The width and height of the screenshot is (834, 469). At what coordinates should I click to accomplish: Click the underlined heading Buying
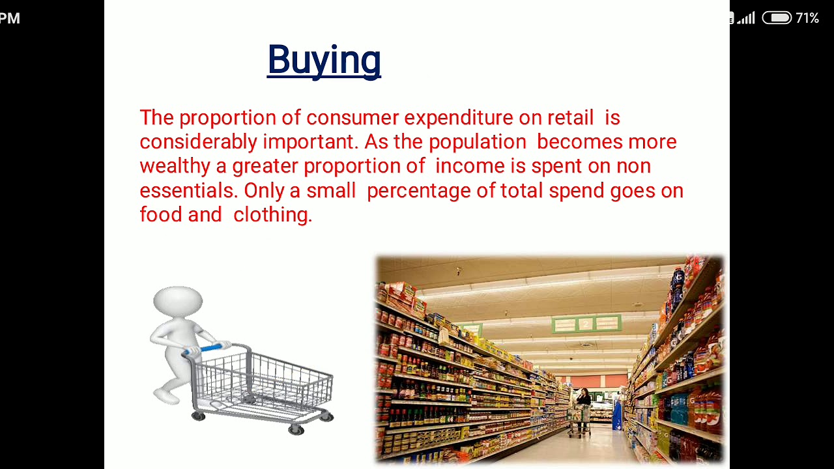point(324,60)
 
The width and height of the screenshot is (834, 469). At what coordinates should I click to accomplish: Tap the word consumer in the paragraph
point(352,118)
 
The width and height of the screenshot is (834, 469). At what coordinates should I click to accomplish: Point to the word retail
point(570,118)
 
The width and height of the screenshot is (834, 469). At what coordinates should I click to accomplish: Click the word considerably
point(198,142)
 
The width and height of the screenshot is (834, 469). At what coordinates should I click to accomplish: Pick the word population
point(477,142)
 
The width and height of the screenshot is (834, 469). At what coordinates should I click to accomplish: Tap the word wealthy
point(175,166)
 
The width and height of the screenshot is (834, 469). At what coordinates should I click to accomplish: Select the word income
point(470,166)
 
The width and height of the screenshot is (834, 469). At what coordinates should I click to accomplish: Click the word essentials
point(188,190)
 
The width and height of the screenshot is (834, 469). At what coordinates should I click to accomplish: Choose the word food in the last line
point(160,214)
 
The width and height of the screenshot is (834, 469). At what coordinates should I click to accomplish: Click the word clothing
point(272,214)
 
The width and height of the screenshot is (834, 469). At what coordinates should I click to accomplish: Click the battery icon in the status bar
point(776,18)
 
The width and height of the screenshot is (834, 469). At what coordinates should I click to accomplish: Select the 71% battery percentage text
point(807,18)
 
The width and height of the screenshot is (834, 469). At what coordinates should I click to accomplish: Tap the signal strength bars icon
point(746,18)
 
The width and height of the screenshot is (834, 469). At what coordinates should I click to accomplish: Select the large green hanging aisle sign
point(586,323)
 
